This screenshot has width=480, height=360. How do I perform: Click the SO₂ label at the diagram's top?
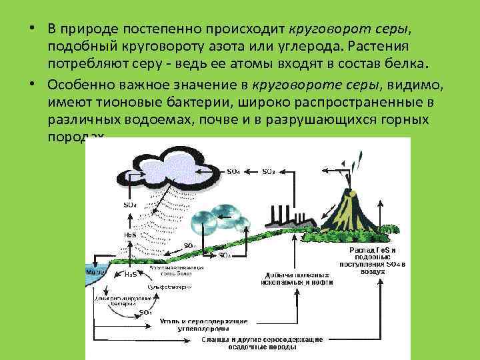point(268,171)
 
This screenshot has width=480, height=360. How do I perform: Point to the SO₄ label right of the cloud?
point(233,171)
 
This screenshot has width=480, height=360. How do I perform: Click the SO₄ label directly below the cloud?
point(130,205)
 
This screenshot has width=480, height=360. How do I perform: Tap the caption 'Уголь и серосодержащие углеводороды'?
point(204,325)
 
